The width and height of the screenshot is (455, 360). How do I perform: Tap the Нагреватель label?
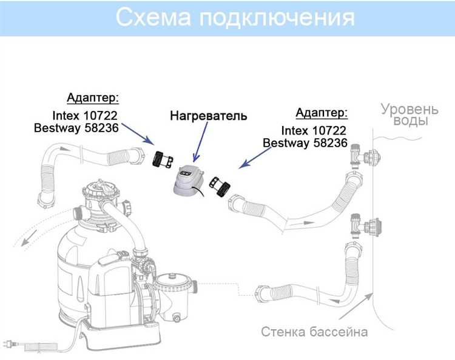208,115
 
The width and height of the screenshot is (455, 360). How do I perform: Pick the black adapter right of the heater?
218,188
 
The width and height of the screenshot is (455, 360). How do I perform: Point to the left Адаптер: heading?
92,98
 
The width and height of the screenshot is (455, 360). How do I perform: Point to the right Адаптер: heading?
322,113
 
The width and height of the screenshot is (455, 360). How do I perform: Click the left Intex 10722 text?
85,115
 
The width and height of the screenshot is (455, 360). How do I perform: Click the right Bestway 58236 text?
305,144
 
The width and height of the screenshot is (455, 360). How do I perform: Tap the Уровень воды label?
409,115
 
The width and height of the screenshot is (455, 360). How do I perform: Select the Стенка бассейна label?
314,332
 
